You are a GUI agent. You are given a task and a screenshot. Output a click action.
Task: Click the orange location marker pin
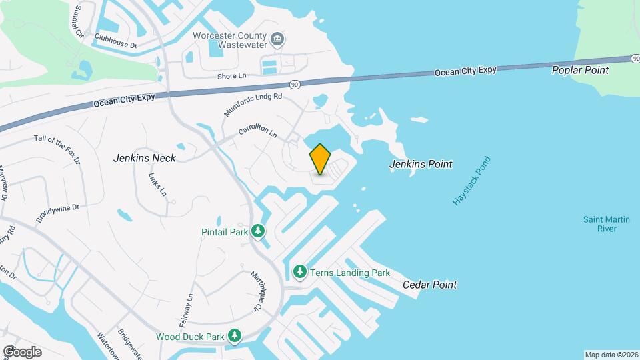click(320, 159)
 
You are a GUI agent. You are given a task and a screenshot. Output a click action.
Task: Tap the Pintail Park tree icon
click(258, 232)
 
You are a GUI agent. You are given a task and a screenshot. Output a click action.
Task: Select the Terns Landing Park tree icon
click(300, 272)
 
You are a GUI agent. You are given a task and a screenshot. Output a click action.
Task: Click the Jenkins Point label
click(421, 164)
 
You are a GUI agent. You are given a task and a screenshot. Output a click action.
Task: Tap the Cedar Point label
click(430, 285)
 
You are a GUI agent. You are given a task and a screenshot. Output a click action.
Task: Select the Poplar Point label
click(580, 70)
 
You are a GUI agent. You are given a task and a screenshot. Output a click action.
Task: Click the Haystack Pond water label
click(471, 181)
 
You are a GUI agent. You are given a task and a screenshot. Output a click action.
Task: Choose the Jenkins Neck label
click(145, 158)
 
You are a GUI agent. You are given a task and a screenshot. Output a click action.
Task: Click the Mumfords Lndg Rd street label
click(253, 105)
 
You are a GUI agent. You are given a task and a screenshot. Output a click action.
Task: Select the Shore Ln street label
click(231, 76)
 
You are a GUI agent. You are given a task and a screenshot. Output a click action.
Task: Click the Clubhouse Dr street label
click(115, 41)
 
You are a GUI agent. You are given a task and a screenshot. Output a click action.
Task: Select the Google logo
click(22, 351)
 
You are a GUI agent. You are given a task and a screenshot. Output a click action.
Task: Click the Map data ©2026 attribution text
click(611, 355)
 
